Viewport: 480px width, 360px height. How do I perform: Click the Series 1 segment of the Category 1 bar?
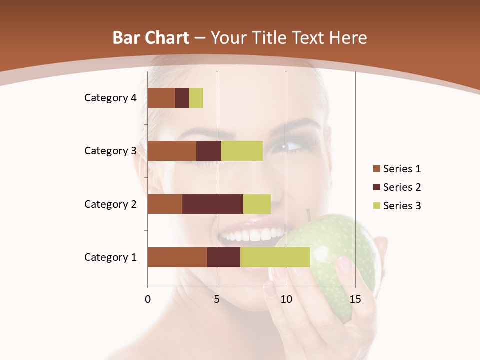[x=177, y=257]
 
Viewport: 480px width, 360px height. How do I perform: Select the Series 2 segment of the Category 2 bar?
[x=213, y=204]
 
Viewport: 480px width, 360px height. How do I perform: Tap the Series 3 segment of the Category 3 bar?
[x=242, y=151]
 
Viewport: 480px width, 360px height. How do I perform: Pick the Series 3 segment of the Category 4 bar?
[x=196, y=98]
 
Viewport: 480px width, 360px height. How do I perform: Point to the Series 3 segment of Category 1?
[x=275, y=257]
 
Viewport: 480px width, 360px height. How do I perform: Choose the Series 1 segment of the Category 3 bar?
[x=172, y=151]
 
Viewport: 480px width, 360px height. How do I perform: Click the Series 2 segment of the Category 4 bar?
[x=182, y=98]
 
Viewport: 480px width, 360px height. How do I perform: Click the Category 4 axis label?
[x=110, y=98]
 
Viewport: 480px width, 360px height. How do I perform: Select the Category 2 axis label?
[x=110, y=204]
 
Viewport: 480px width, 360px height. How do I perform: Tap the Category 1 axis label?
[x=110, y=257]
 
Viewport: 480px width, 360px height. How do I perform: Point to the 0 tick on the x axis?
[x=148, y=299]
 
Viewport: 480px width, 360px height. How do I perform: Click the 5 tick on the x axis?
[x=217, y=299]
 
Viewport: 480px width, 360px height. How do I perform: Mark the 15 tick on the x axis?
[x=355, y=299]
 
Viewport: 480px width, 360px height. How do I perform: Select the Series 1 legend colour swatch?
[x=376, y=169]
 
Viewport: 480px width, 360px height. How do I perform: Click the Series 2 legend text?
[x=402, y=187]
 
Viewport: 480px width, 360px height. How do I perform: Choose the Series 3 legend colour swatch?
[x=376, y=206]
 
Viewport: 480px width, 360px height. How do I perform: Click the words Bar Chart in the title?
[x=150, y=38]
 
